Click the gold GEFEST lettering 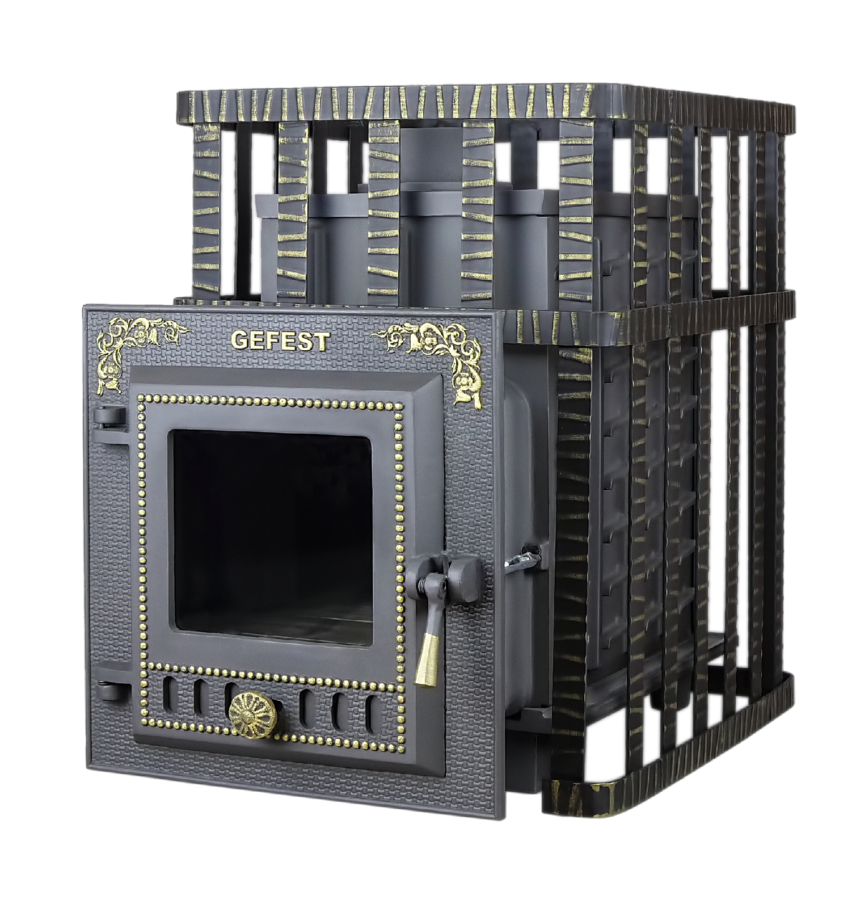pos(280,341)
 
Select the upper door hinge pos(109,418)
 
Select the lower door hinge pos(112,690)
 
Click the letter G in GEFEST pos(240,342)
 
